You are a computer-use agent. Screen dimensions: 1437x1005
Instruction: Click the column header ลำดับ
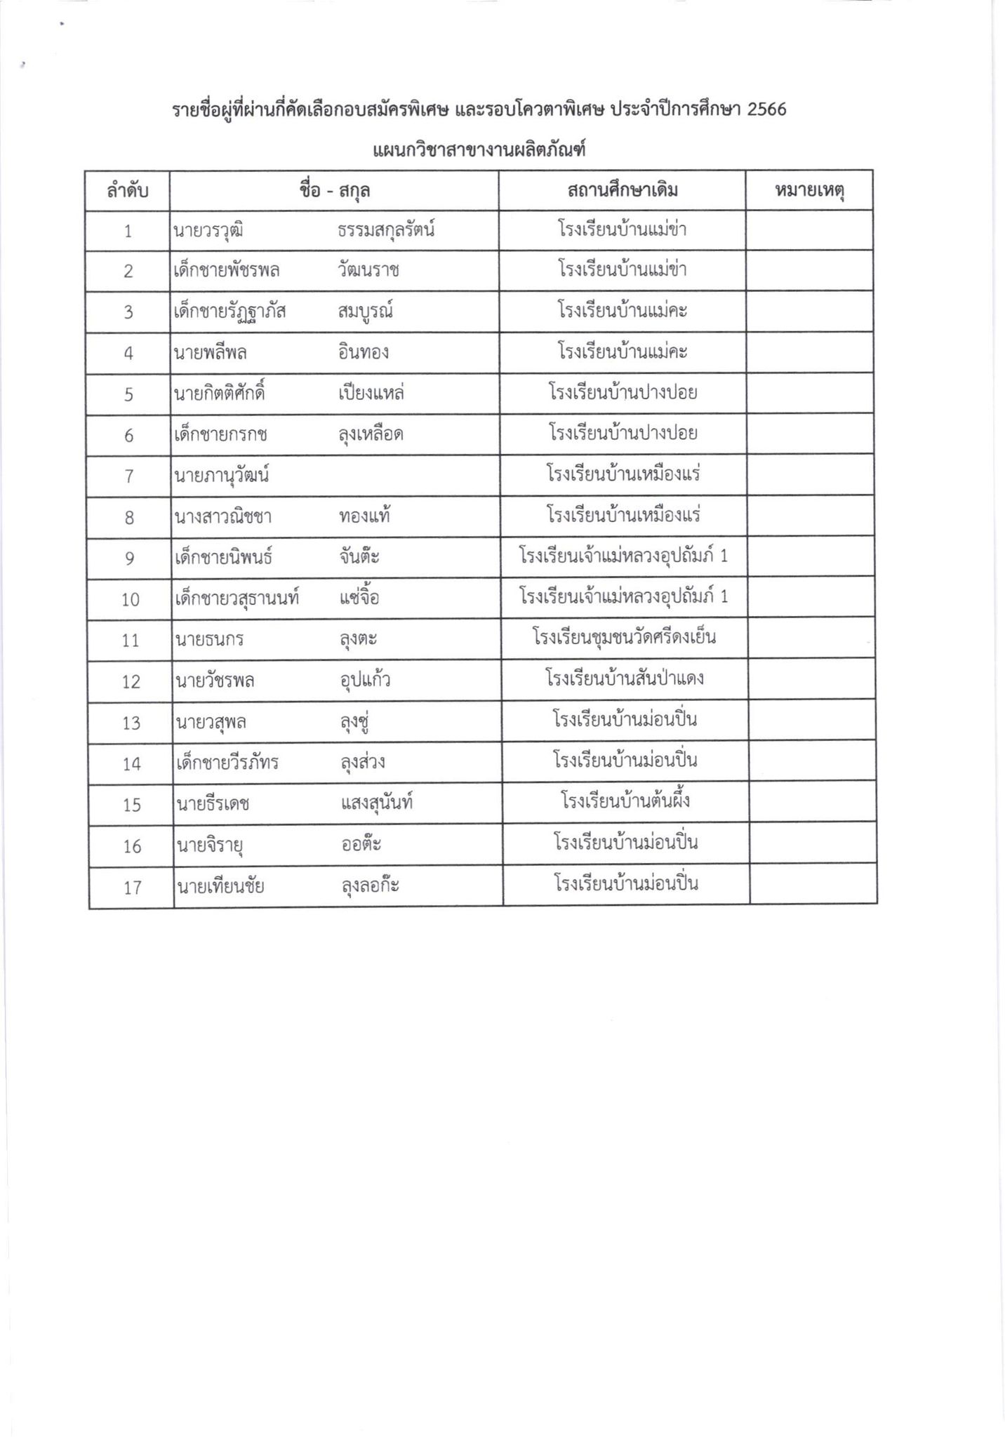(x=127, y=191)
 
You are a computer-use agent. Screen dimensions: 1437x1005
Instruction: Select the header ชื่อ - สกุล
(x=334, y=191)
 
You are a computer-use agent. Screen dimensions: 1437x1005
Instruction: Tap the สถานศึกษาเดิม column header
(x=622, y=190)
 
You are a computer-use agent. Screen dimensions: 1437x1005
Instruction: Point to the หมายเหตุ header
(x=809, y=190)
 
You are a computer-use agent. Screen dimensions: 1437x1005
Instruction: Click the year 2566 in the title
(x=766, y=110)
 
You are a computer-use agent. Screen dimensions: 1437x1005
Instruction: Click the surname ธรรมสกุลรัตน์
(x=386, y=230)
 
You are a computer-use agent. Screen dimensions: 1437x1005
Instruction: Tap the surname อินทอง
(x=363, y=352)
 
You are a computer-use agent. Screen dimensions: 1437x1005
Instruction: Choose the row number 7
(x=128, y=476)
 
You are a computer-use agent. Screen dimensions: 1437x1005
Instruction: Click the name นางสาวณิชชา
(x=222, y=517)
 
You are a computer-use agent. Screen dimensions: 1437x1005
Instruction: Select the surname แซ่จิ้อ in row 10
(x=359, y=599)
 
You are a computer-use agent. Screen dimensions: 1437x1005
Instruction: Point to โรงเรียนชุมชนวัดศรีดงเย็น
(x=624, y=638)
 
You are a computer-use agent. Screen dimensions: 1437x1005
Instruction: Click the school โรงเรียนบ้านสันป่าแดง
(x=624, y=679)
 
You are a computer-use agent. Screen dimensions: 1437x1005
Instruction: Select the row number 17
(x=133, y=888)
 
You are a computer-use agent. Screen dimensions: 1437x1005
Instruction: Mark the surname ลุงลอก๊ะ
(x=370, y=886)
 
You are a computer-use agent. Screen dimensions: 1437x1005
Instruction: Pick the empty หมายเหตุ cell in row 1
(x=809, y=230)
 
